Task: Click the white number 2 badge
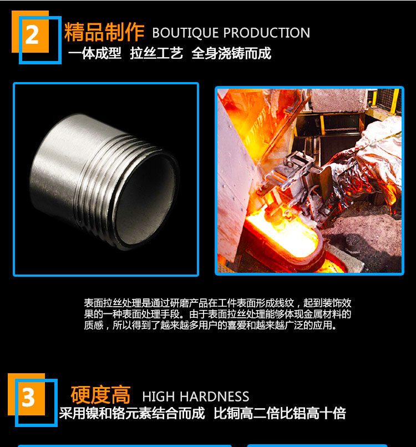coord(32,35)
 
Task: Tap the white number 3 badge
coord(28,398)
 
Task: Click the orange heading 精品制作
coord(104,32)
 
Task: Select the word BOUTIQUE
coord(186,33)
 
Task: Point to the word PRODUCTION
coord(267,33)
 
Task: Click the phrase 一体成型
coord(95,53)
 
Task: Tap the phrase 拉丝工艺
coord(156,53)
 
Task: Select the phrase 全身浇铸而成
coord(231,53)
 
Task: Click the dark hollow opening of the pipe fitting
coord(146,199)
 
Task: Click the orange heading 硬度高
coord(100,395)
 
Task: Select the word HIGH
coord(159,397)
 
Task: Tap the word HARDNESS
coord(215,397)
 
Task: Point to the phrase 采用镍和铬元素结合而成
coord(131,413)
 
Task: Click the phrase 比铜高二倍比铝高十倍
coord(280,413)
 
